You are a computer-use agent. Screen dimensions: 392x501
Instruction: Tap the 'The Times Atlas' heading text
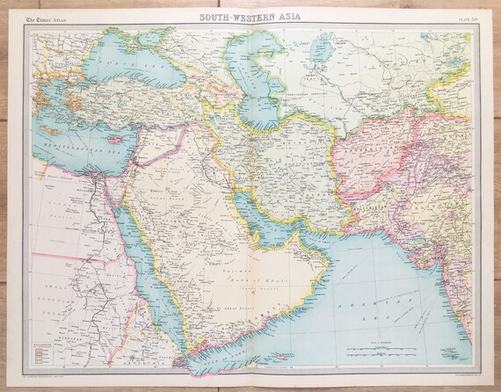pyautogui.click(x=45, y=18)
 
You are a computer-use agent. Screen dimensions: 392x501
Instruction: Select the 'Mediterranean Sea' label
pyautogui.click(x=75, y=133)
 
